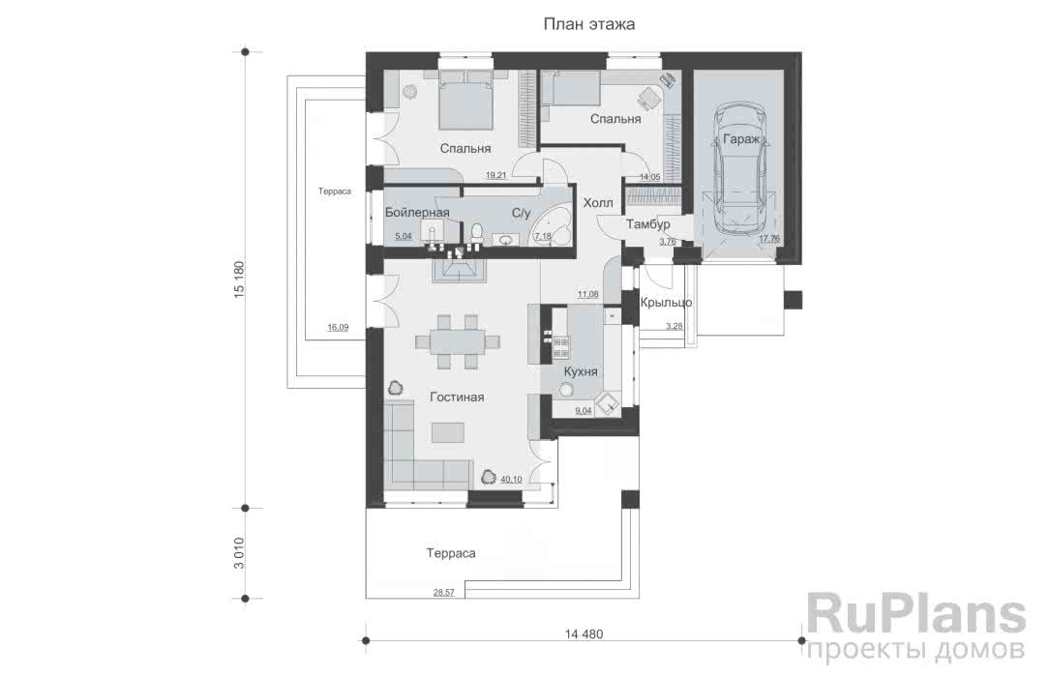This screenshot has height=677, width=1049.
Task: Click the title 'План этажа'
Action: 589,25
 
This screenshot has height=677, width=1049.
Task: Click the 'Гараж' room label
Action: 741,139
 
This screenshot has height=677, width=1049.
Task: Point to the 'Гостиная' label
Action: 457,397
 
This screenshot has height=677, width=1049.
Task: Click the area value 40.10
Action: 511,479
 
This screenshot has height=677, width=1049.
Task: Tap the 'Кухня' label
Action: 581,371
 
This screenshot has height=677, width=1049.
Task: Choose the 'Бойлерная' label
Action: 417,213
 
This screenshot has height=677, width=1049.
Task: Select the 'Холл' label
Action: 598,202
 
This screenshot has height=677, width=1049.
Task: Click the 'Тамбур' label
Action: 647,224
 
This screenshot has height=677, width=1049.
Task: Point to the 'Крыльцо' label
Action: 666,303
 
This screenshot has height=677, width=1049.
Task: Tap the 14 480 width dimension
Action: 584,634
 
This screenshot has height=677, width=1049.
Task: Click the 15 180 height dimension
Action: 239,280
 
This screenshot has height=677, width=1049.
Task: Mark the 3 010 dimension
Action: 239,553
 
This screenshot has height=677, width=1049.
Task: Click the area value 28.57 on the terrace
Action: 443,593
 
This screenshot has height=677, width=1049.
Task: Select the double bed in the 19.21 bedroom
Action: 466,101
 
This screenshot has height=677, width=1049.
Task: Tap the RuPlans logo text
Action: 915,616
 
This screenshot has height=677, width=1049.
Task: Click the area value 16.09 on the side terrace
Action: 337,328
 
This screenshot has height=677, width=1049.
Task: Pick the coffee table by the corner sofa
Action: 447,432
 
